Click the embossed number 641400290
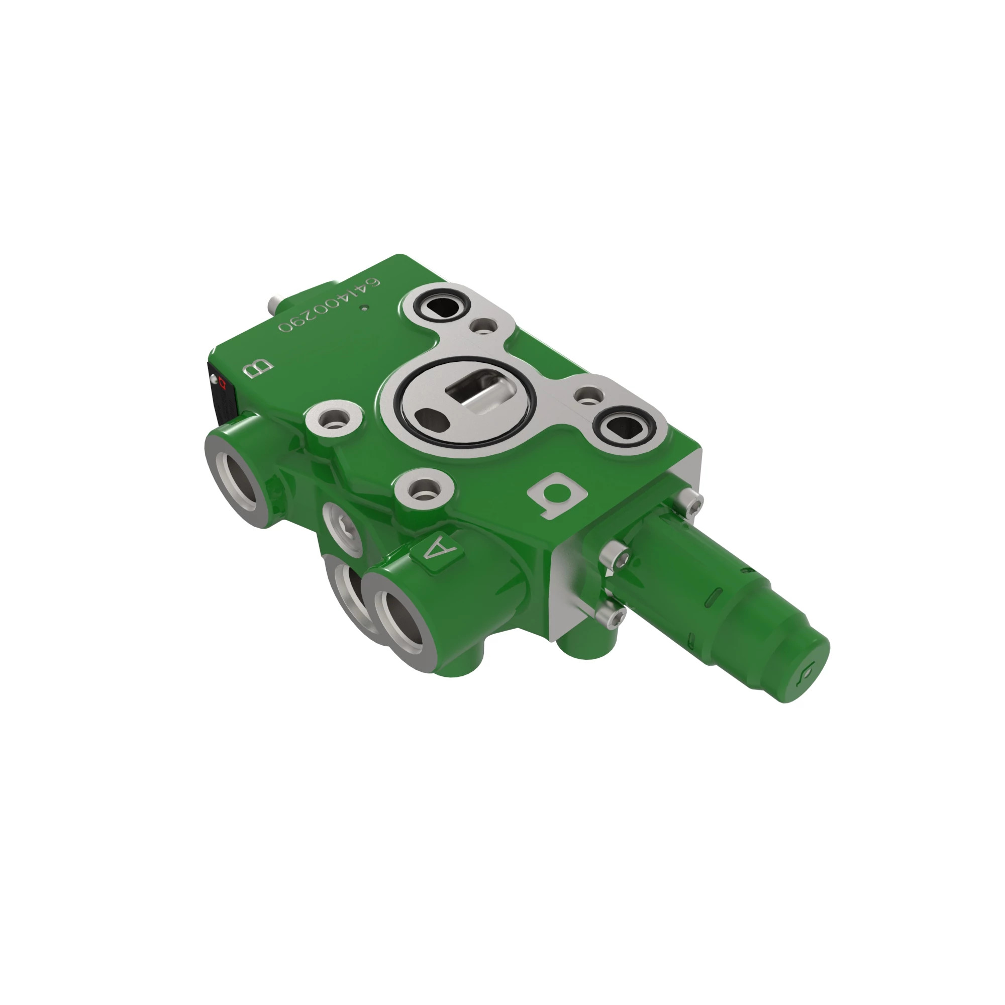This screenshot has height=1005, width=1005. tap(329, 306)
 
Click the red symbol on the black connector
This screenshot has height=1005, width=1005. tap(223, 384)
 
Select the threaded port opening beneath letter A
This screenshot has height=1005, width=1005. tap(403, 624)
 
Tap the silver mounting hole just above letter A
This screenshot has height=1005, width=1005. tap(424, 489)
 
